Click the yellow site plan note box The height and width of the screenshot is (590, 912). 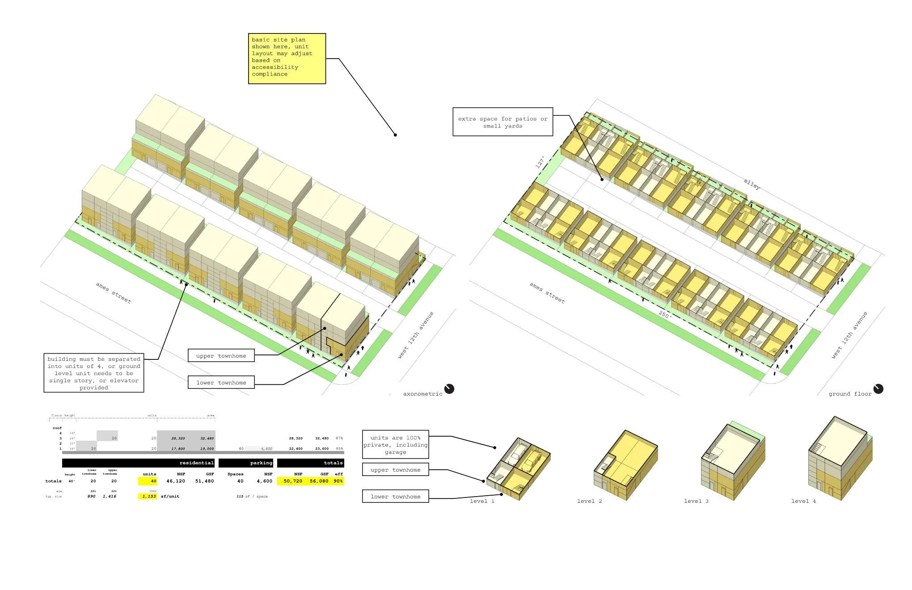coord(287,58)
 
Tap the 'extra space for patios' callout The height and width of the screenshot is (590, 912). coord(502,122)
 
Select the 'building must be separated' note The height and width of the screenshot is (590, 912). coord(93,373)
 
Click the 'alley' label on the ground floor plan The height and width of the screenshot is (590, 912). coord(752,184)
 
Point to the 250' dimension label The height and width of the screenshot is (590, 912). coord(665,315)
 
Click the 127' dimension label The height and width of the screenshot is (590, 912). coord(540,162)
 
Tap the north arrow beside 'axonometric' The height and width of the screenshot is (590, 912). coord(449,389)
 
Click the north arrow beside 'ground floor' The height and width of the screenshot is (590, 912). coord(878,389)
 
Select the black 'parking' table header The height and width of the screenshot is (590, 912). coord(245,463)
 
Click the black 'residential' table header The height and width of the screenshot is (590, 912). coord(138,463)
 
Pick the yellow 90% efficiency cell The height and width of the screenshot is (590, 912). coord(338,481)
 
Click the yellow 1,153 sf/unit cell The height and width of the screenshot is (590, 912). coord(148,496)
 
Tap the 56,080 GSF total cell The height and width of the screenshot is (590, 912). coord(319,481)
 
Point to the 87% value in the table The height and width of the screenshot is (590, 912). coord(339,438)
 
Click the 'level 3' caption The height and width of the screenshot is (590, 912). coord(696,501)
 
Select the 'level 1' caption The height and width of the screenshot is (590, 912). coord(482,501)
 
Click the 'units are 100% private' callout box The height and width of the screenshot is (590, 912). coord(395,445)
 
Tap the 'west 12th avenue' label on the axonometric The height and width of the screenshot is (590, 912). coord(416,335)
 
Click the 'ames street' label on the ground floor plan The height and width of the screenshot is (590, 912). coord(547,293)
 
